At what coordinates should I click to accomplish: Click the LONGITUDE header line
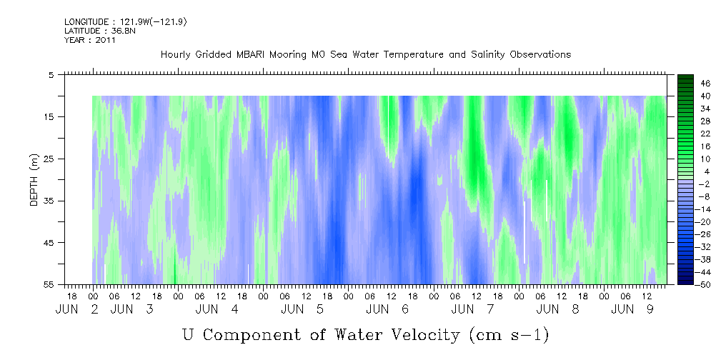coord(126,21)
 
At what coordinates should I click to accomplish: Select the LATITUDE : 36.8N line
coord(100,31)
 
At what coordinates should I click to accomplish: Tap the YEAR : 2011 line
coord(89,39)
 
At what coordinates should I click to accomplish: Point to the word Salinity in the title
coord(488,55)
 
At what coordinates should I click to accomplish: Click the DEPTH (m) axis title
coord(34,179)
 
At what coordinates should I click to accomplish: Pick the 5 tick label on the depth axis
coord(51,74)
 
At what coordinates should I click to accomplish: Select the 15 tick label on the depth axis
coord(49,116)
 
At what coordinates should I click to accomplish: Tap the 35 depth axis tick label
coord(49,201)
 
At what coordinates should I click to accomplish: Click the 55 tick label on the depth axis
coord(49,284)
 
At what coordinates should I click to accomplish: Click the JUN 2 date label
coord(77,309)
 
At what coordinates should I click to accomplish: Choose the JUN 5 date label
coord(302,309)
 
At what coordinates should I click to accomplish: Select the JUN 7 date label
coord(473,309)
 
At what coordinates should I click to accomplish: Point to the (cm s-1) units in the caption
coord(509,335)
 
